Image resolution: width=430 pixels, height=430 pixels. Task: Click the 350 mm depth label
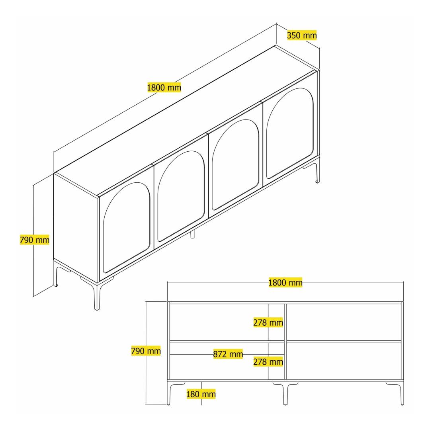[x=302, y=35]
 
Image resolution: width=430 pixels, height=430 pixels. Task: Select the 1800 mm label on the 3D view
[x=164, y=88]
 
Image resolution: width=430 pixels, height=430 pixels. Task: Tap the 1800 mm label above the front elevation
[x=285, y=282]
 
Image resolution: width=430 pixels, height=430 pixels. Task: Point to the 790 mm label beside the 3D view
[x=35, y=240]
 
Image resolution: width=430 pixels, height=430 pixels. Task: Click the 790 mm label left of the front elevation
[x=146, y=351]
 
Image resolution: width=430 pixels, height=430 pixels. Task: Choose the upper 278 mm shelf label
[x=268, y=322]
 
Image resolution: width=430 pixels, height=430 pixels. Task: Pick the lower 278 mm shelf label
[x=268, y=362]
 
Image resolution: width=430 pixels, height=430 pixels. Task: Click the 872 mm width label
[x=228, y=354]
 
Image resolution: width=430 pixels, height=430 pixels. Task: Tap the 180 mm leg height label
[x=201, y=394]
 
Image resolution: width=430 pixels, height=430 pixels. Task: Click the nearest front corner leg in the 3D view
[x=96, y=296]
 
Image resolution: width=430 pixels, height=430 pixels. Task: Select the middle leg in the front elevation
[x=285, y=393]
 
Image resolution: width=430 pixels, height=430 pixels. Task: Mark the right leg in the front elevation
[x=402, y=393]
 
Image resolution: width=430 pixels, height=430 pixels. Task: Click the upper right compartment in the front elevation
[x=344, y=322]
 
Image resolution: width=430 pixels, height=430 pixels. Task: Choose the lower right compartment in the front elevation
[x=344, y=361]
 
